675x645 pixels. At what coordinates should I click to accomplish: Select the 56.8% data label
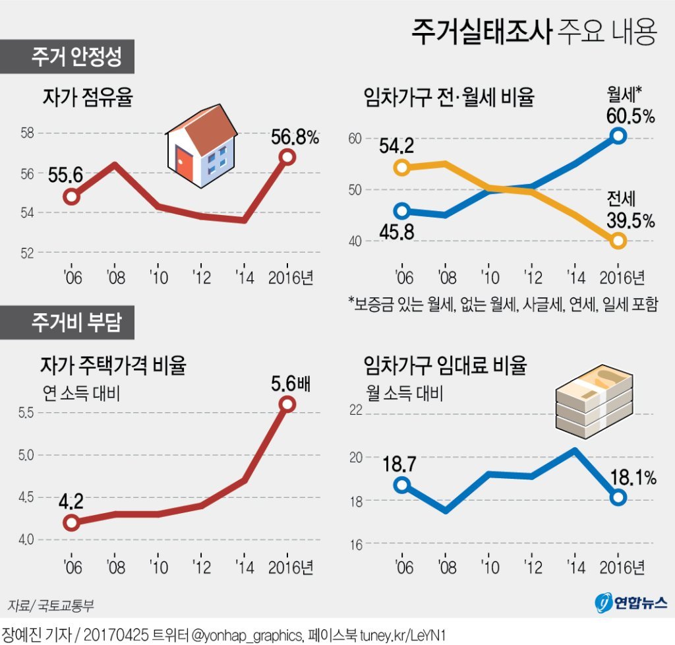point(295,137)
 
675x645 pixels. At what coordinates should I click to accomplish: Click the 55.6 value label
point(65,175)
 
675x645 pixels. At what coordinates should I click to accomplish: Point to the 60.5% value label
point(631,117)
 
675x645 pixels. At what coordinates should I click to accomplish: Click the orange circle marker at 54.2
point(401,168)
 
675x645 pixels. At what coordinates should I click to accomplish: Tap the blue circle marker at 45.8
point(401,212)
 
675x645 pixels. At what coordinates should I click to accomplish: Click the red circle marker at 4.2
point(71,523)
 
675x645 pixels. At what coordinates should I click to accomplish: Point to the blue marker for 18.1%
point(618,497)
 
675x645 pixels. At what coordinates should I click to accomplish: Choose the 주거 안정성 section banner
point(68,57)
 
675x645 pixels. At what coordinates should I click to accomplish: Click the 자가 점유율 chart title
point(88,100)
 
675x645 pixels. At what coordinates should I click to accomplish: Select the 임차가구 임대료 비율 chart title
point(446,365)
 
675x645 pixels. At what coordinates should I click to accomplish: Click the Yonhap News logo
point(630,602)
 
